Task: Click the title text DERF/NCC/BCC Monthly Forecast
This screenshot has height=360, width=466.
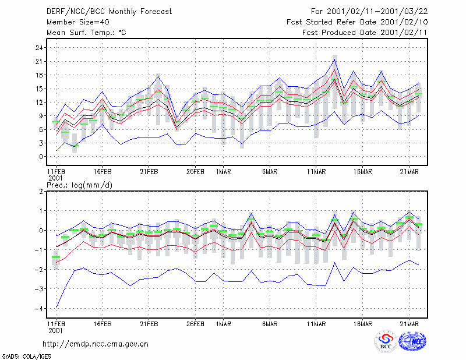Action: [x=109, y=12]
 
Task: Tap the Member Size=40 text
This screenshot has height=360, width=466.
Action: [x=78, y=22]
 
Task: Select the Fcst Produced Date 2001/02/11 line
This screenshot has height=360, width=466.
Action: [x=365, y=33]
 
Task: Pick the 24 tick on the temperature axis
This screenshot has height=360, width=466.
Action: [x=39, y=48]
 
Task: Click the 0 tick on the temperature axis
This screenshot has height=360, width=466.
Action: [x=41, y=157]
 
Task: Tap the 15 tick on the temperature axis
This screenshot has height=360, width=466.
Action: [x=39, y=89]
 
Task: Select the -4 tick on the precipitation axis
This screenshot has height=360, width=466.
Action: [x=38, y=309]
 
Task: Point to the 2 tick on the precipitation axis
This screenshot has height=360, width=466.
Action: [x=41, y=191]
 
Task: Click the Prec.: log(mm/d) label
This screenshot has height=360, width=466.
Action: [x=79, y=185]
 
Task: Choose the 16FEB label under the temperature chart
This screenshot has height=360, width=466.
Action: [x=103, y=172]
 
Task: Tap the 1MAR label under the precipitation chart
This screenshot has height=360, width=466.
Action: [x=224, y=324]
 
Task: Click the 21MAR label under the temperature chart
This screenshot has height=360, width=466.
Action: [x=409, y=172]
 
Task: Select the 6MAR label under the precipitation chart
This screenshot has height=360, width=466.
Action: [x=270, y=324]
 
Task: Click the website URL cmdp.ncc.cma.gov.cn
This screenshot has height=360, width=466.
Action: [x=96, y=344]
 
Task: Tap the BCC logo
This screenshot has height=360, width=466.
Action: [x=386, y=341]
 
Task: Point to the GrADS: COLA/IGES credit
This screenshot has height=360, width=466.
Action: [x=27, y=357]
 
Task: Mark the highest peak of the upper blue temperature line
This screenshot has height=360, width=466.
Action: [x=334, y=59]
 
